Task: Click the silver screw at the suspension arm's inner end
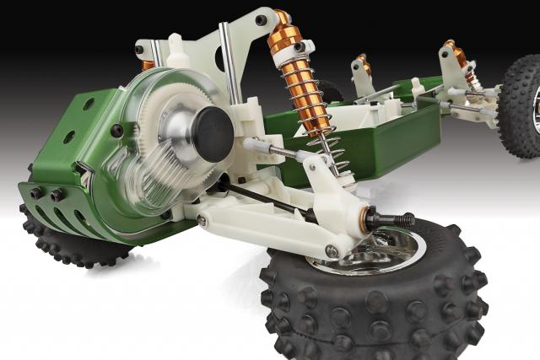pyautogui.click(x=202, y=221)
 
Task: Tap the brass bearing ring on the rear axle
pyautogui.click(x=371, y=217)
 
